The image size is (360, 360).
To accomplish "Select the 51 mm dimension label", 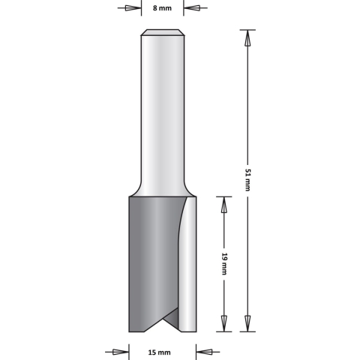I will point(247,180).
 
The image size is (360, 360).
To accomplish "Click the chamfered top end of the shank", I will point(163,31).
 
